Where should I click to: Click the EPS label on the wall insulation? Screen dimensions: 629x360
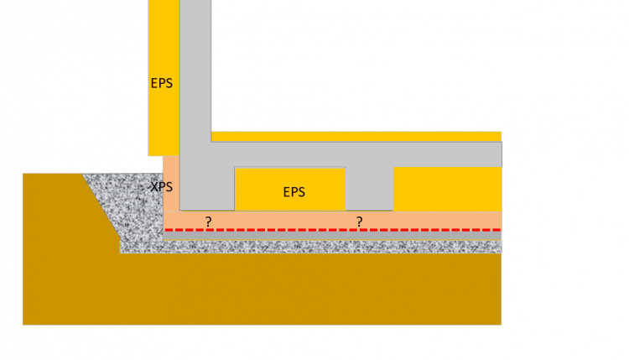point(162,83)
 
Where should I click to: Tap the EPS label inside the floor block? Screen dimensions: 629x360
point(294,191)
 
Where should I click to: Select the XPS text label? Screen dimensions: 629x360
point(161,186)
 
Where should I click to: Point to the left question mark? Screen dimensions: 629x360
point(209,222)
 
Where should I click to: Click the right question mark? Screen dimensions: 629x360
point(359,222)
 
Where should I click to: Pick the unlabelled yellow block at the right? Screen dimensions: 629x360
point(447,189)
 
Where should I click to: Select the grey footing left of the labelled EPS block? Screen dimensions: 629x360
point(207,189)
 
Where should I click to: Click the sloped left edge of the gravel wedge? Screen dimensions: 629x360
point(101,206)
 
